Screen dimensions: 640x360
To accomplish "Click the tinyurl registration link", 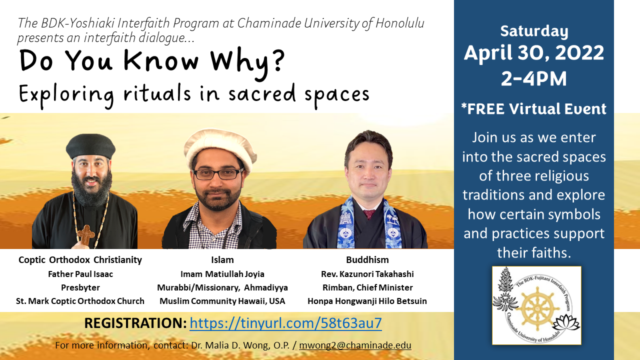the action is (x=285, y=323).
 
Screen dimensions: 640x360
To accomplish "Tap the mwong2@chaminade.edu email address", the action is (x=355, y=345).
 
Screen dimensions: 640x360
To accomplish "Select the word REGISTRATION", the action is (x=135, y=323).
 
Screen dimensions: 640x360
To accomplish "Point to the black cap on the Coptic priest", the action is (x=90, y=145).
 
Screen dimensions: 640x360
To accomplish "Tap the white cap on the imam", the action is (x=219, y=148).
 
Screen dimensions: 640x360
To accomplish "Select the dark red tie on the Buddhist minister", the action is (x=369, y=214).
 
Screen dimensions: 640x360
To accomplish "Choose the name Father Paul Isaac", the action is (x=80, y=274).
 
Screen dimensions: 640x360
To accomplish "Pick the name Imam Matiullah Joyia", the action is (x=222, y=274).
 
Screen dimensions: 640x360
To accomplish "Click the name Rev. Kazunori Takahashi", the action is (x=367, y=274).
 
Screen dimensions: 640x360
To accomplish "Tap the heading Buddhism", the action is (x=367, y=259).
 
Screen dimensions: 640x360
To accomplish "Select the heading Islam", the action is (x=222, y=259).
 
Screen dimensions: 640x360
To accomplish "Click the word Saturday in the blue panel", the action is (x=534, y=31).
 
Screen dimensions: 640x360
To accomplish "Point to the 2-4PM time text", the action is (x=533, y=78).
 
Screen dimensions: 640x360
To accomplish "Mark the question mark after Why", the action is (x=277, y=59).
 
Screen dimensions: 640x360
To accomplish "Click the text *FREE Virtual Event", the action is (x=533, y=109).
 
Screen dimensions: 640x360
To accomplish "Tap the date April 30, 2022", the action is (x=533, y=53).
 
